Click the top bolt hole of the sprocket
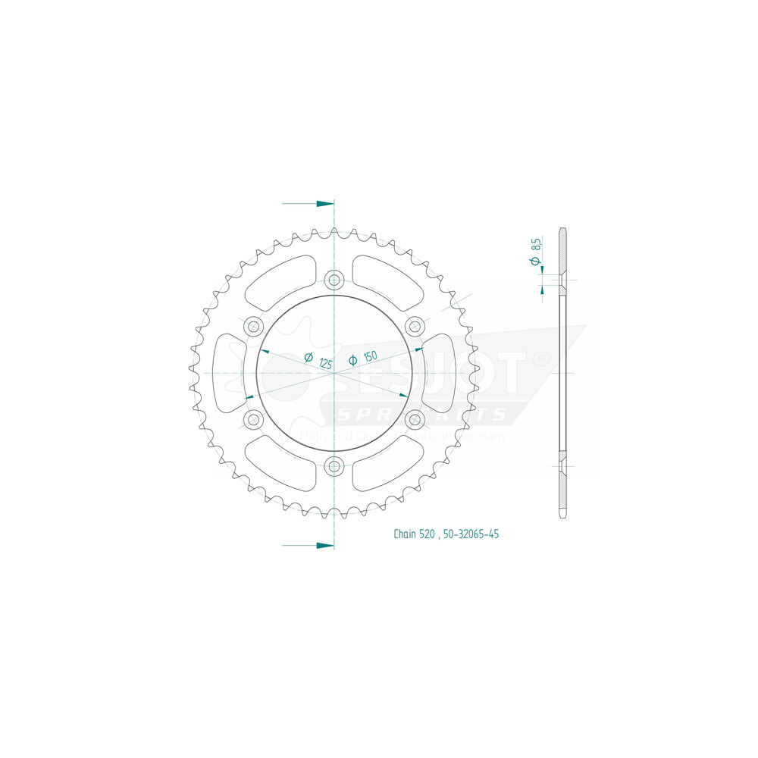[x=334, y=279]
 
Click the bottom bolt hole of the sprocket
[x=334, y=466]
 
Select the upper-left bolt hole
[x=253, y=326]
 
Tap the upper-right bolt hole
[x=415, y=326]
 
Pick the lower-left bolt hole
[x=253, y=419]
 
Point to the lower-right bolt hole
[x=415, y=419]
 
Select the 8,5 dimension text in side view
[x=536, y=244]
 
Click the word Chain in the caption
[x=404, y=534]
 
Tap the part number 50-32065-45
[x=471, y=534]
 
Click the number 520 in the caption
[x=428, y=534]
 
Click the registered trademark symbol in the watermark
[x=540, y=359]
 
